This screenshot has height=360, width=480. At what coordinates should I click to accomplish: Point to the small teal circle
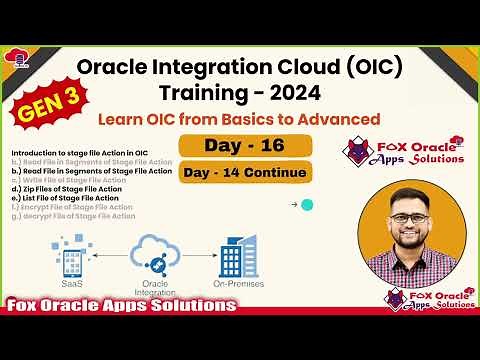point(307,205)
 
